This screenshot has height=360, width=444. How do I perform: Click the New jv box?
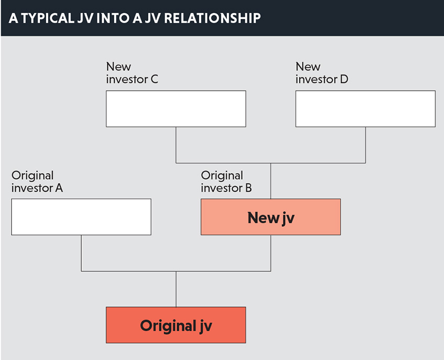click(x=270, y=217)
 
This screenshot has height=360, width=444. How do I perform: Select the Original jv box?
click(x=176, y=325)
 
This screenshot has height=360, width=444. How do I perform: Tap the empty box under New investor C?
click(x=176, y=108)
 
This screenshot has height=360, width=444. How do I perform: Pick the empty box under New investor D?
click(x=365, y=108)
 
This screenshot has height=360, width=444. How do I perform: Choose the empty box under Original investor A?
click(x=81, y=217)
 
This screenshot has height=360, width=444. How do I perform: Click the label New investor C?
click(x=132, y=73)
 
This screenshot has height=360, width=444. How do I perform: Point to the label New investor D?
click(x=322, y=73)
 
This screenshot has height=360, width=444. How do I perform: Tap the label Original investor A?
click(x=37, y=182)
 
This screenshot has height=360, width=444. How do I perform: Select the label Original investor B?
click(x=226, y=182)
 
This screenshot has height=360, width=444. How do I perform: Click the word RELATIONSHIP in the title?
click(x=212, y=18)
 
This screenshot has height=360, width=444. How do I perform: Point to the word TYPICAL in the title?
click(x=48, y=18)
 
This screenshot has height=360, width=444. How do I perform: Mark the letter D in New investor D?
click(x=344, y=79)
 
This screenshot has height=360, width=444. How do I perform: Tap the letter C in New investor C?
click(x=154, y=79)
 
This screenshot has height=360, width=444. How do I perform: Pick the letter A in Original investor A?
click(x=59, y=188)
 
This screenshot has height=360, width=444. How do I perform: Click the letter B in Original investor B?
click(x=248, y=188)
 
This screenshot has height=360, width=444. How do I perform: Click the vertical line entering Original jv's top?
click(x=176, y=289)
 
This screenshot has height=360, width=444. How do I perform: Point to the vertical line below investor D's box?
click(x=365, y=145)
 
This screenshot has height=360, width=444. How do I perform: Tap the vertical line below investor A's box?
click(x=81, y=253)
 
